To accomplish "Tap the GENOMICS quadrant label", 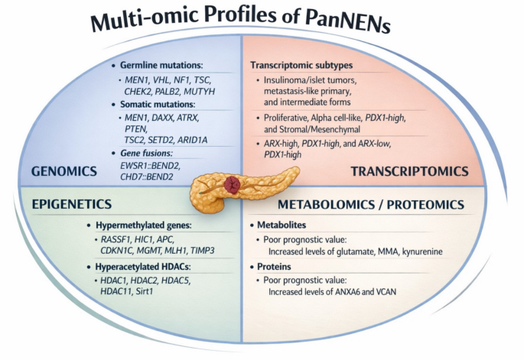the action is pyautogui.click(x=64, y=171).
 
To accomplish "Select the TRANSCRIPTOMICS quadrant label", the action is pyautogui.click(x=409, y=171).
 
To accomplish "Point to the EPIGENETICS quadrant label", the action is pyautogui.click(x=71, y=204).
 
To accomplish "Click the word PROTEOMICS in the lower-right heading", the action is pyautogui.click(x=425, y=205).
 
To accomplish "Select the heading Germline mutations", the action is pyautogui.click(x=161, y=65).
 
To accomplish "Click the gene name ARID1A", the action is pyautogui.click(x=192, y=140).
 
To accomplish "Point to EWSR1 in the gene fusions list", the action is pyautogui.click(x=134, y=165).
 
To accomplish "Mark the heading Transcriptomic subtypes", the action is pyautogui.click(x=301, y=65).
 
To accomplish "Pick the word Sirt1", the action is pyautogui.click(x=145, y=291).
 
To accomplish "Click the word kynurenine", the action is pyautogui.click(x=422, y=251).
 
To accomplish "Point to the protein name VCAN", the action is pyautogui.click(x=386, y=291).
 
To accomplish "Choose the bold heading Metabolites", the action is pyautogui.click(x=282, y=225).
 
